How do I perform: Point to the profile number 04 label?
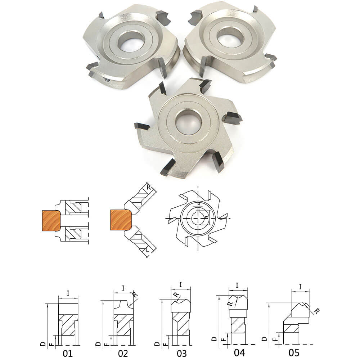[x=239, y=352]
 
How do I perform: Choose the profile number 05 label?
[x=294, y=352]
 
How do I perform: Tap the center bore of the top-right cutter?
[x=230, y=36]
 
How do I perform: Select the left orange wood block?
[x=51, y=221]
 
